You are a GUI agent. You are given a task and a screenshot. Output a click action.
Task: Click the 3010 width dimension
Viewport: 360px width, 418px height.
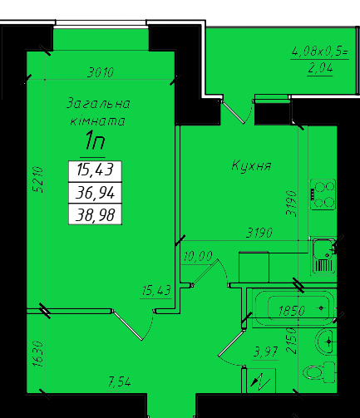101,72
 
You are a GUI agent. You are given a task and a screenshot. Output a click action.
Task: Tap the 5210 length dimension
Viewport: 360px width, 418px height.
38,179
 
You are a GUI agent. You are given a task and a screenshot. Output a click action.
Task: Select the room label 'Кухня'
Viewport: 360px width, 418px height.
251,166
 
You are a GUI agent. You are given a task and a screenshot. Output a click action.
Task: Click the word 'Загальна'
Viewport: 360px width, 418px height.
98,103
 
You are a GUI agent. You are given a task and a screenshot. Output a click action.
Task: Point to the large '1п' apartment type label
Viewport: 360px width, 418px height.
95,140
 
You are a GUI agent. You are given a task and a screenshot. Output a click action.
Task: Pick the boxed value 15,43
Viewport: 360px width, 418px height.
95,170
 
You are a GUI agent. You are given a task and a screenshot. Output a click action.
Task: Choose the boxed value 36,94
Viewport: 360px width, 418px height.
95,193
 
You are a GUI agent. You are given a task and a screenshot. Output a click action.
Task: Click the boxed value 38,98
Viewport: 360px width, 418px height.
95,215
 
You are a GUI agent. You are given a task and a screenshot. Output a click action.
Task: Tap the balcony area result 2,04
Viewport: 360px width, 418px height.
320,68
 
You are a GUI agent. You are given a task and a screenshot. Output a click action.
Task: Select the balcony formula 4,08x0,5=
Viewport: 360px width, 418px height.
319,52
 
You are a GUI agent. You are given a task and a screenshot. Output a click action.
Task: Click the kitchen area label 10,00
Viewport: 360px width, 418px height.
198,256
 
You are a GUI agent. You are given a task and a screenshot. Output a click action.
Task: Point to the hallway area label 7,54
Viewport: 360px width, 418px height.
119,382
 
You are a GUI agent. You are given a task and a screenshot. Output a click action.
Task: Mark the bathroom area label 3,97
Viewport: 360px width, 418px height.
265,352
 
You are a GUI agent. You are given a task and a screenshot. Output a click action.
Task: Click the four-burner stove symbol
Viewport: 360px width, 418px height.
323,194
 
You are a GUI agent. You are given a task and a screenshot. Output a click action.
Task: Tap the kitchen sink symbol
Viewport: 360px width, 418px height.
323,256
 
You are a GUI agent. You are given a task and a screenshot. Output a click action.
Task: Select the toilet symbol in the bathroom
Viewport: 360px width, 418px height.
320,372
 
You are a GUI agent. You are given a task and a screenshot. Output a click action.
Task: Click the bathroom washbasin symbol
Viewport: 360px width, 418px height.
325,342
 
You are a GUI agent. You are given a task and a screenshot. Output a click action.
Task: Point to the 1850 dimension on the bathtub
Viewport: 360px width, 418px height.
292,311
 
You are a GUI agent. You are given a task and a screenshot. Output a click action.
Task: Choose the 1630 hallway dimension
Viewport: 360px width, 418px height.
38,354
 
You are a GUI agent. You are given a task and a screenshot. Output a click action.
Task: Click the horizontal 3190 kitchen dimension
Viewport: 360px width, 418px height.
259,233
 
